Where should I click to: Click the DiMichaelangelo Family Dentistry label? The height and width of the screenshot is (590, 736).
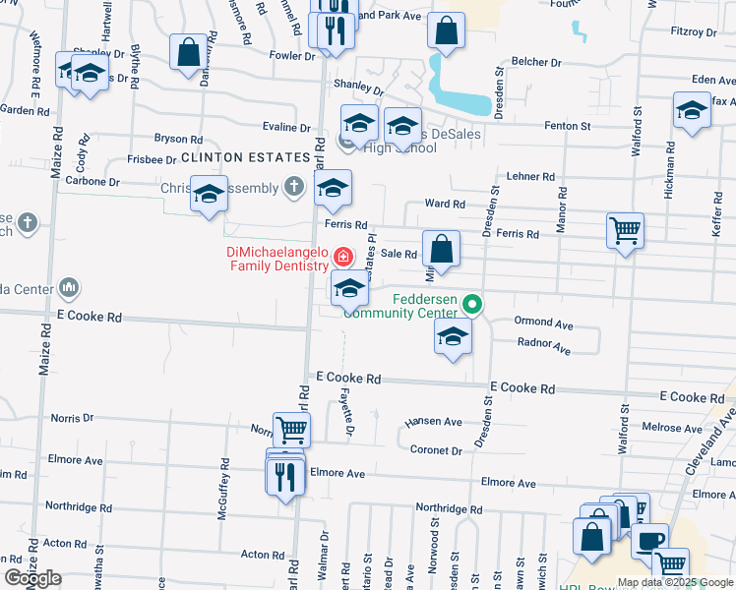[x=276, y=259]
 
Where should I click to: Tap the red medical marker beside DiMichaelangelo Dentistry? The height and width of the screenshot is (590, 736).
[x=343, y=259]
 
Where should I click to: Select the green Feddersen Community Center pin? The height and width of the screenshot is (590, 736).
[x=473, y=304]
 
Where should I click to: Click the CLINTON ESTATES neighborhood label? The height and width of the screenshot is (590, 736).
[x=233, y=157]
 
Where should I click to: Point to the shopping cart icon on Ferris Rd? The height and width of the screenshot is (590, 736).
[x=625, y=231]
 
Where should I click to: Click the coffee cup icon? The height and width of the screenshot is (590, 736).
[x=648, y=541]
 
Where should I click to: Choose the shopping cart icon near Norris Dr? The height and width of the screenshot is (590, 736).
[x=291, y=429]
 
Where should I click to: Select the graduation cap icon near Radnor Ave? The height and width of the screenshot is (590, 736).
[x=453, y=337]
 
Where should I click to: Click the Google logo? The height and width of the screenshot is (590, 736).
[x=33, y=578]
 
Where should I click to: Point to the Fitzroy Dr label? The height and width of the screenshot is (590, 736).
[x=694, y=31]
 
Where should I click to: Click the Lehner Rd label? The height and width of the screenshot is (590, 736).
[x=531, y=176]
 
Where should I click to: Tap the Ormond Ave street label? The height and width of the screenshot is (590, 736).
[x=543, y=323]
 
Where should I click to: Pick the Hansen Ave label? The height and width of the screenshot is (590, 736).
[x=433, y=422]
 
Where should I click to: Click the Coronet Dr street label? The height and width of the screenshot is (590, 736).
[x=434, y=450]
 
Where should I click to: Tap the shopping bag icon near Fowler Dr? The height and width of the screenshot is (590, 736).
[x=188, y=52]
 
